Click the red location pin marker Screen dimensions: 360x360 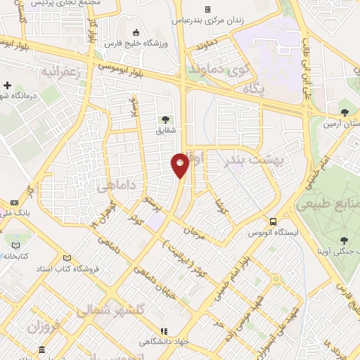pos(180,165)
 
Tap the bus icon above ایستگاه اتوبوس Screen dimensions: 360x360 pos(272,221)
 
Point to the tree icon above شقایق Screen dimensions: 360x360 pos(165,120)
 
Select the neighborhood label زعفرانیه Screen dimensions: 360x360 pos(67,72)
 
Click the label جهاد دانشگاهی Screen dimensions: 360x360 pos(163,342)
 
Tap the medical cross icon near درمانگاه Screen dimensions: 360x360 pos(7,84)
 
